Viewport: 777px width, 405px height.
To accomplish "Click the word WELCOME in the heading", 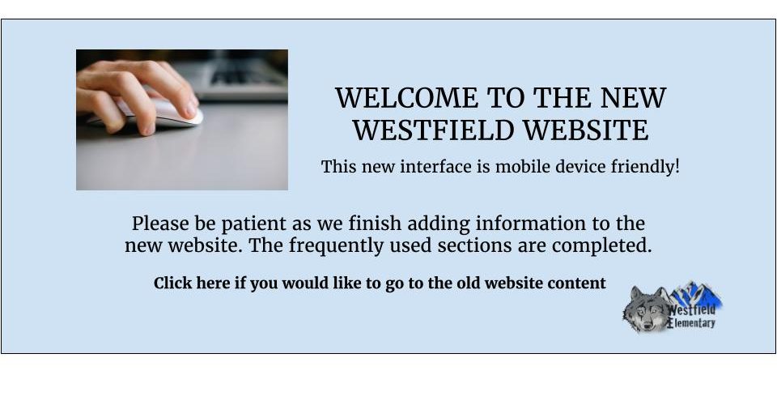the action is pos(406,98).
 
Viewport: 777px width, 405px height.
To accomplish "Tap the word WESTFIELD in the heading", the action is pos(434,130).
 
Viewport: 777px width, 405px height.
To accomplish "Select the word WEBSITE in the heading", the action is pos(586,130).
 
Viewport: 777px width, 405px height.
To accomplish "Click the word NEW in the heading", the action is pos(633,98).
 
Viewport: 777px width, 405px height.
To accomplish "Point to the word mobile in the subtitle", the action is pos(523,167).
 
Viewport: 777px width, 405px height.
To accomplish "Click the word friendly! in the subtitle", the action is pos(645,168).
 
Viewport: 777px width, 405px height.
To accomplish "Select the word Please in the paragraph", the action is pos(160,224).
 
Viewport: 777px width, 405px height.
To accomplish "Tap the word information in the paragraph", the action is pos(531,224).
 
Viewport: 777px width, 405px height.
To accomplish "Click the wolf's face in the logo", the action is pos(645,309).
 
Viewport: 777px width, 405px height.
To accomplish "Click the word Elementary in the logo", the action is pos(691,324).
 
